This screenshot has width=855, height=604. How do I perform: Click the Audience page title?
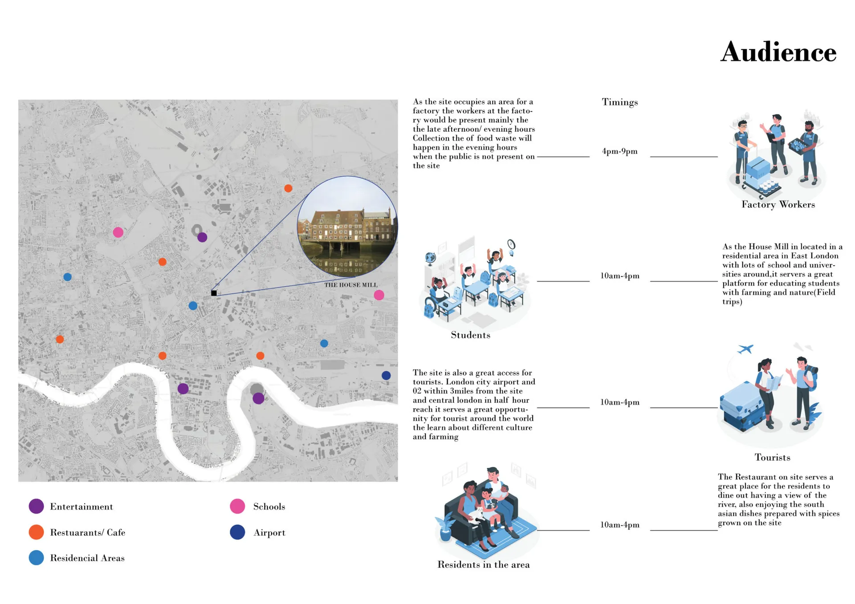[x=778, y=53]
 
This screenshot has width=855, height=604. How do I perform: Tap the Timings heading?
[x=619, y=102]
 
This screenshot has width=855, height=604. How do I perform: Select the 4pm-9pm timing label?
[x=619, y=151]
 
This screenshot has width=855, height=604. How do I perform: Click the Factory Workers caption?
[x=778, y=205]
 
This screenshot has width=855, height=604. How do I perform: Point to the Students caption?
[x=470, y=335]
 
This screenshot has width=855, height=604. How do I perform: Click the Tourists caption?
[x=772, y=458]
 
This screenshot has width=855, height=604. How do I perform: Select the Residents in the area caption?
[x=483, y=565]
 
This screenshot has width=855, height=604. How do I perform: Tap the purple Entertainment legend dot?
[x=36, y=506]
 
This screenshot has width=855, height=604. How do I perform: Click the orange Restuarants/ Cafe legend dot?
[x=36, y=532]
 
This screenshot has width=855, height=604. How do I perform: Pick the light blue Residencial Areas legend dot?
[x=36, y=558]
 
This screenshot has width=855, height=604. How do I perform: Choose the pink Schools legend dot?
[x=237, y=506]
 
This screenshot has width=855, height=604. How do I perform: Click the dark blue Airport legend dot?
[x=237, y=532]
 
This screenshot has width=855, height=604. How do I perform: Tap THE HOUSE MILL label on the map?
[x=350, y=285]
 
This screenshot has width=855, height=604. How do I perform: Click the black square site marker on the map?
[x=214, y=293]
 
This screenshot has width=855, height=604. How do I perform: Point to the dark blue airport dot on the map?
[x=386, y=375]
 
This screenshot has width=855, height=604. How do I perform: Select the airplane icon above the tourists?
[x=745, y=349]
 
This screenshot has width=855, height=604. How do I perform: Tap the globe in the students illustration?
[x=430, y=258]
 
